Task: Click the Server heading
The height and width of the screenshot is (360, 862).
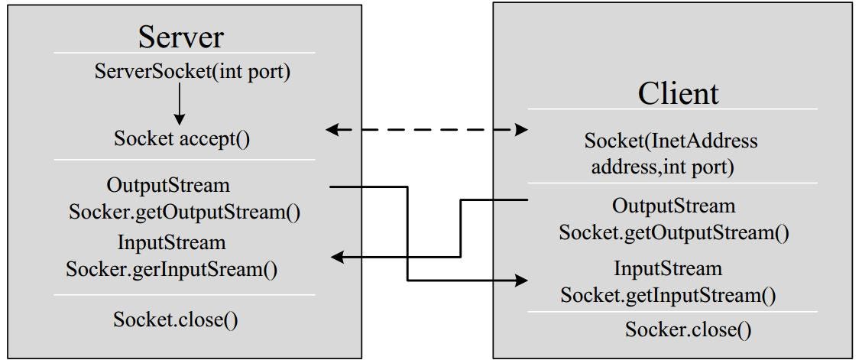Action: pyautogui.click(x=181, y=35)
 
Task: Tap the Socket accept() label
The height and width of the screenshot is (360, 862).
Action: pyautogui.click(x=182, y=139)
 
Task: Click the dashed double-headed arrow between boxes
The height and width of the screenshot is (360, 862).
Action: pyautogui.click(x=426, y=130)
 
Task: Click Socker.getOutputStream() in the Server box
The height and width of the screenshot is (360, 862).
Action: pyautogui.click(x=183, y=212)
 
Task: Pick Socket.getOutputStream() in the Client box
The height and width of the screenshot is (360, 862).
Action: pyautogui.click(x=673, y=232)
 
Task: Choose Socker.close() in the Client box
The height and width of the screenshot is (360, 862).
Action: pyautogui.click(x=688, y=329)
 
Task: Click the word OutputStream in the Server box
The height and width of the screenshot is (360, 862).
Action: pyautogui.click(x=168, y=186)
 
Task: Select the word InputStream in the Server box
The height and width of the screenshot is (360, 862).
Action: pyautogui.click(x=172, y=243)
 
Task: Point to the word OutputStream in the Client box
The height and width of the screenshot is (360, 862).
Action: pyautogui.click(x=673, y=206)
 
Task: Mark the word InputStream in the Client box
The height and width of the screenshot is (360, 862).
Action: pyautogui.click(x=667, y=269)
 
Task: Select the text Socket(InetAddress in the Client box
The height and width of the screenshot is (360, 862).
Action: pyautogui.click(x=670, y=141)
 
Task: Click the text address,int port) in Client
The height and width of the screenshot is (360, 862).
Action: pyautogui.click(x=663, y=167)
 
